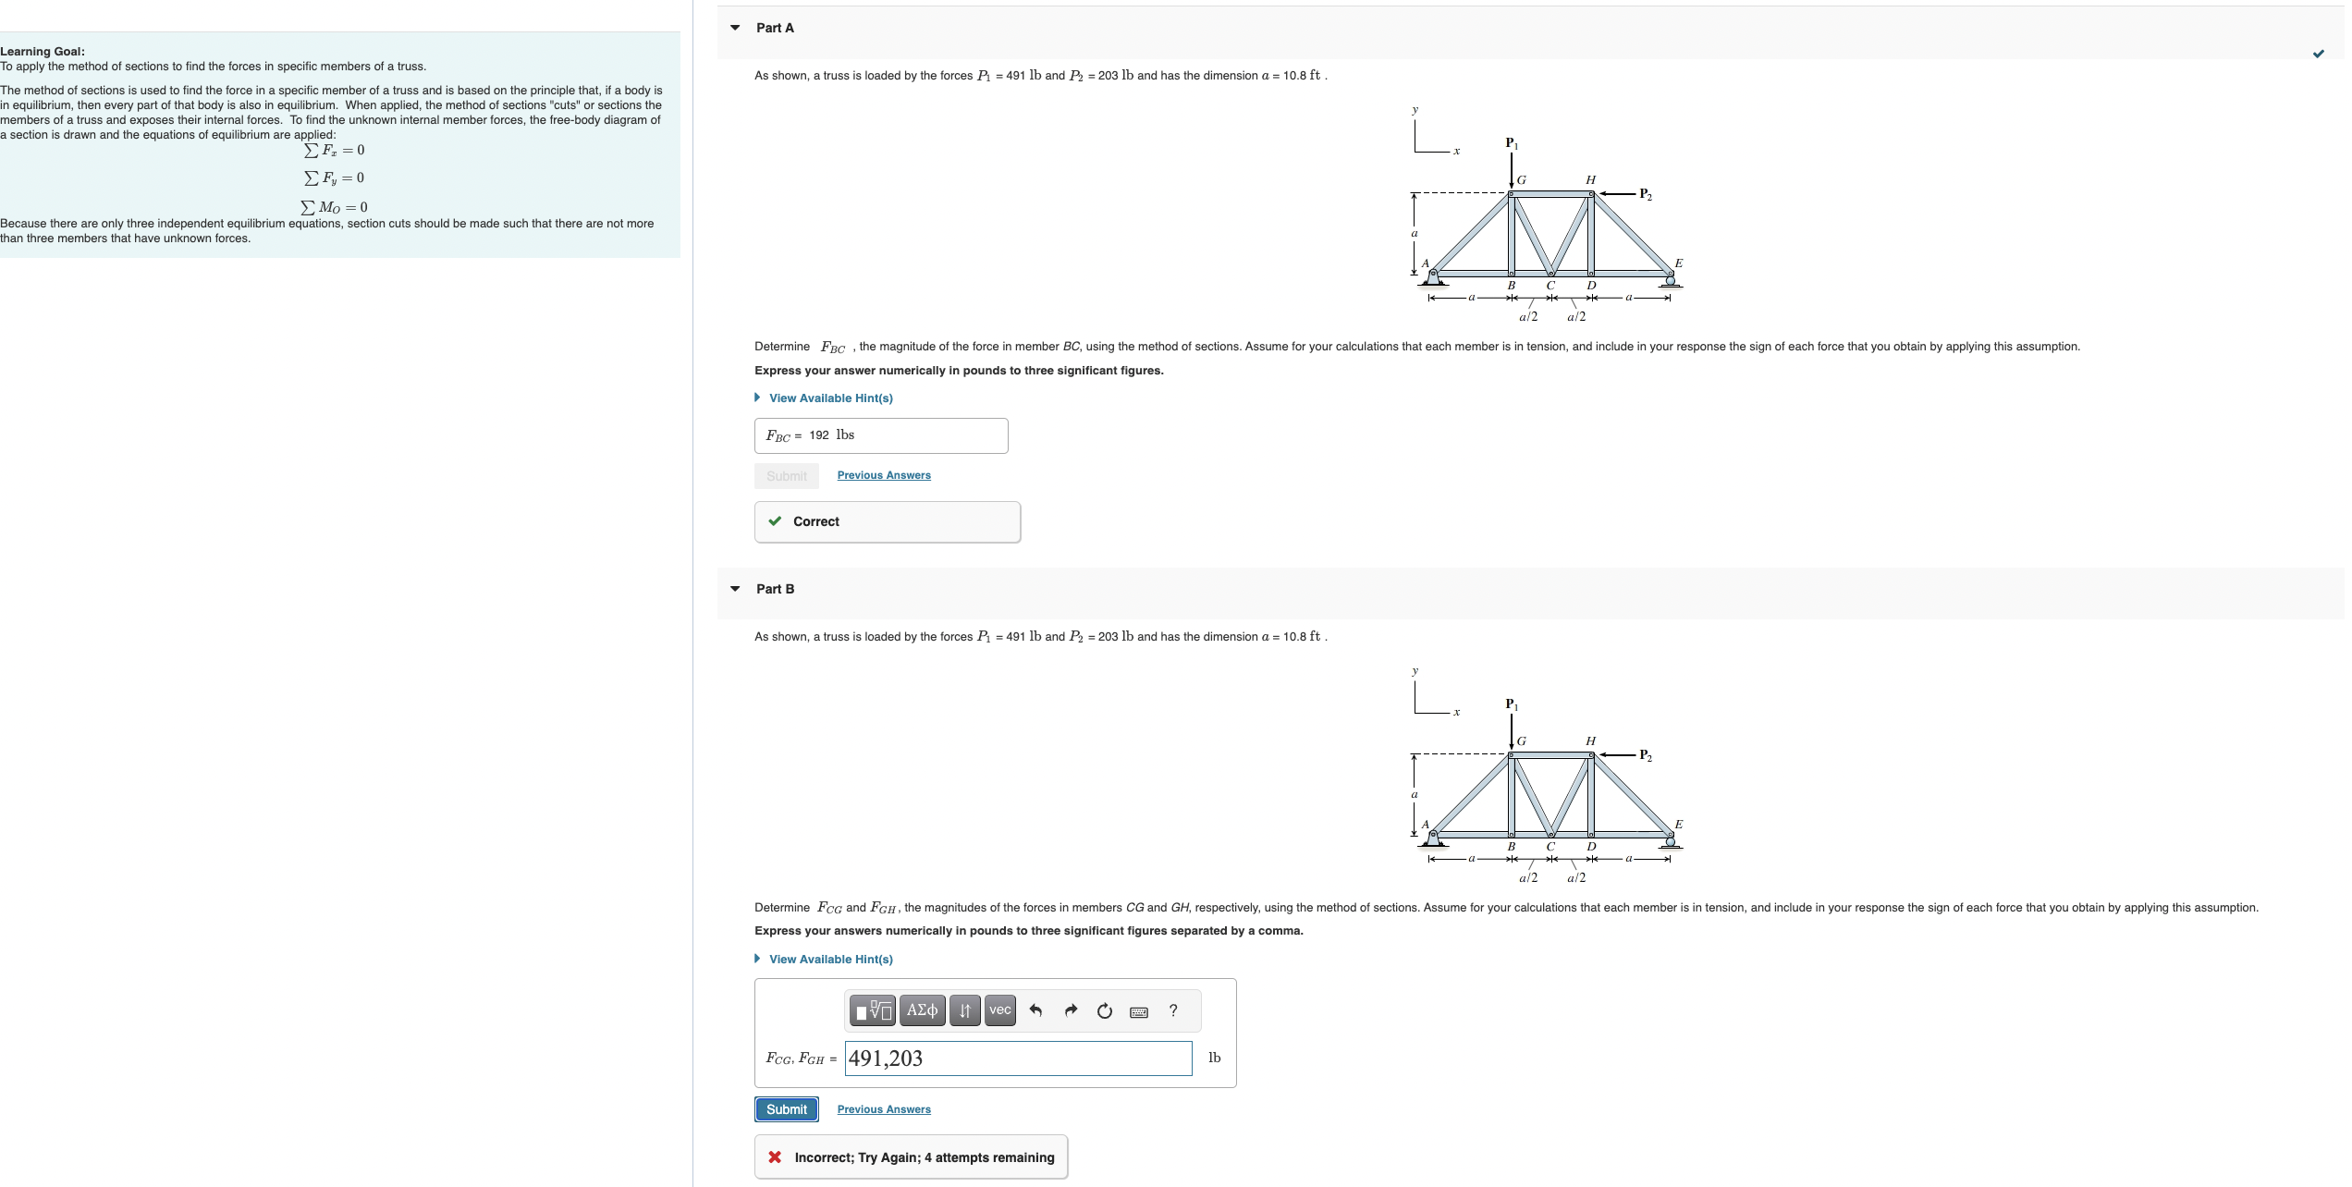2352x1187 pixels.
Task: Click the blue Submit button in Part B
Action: coord(786,1108)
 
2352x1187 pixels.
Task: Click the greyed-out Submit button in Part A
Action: coord(786,475)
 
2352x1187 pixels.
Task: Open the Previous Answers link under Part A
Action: coord(883,475)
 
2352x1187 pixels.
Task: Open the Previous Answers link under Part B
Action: coord(883,1109)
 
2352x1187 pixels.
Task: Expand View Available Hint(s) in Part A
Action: coord(829,398)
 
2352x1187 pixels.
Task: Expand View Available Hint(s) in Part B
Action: coord(829,960)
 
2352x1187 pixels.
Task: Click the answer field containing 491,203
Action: coord(1017,1059)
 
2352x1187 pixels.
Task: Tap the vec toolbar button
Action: coord(999,1010)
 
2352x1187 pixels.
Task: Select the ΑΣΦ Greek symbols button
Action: coord(921,1010)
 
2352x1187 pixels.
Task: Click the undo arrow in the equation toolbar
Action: coord(1035,1010)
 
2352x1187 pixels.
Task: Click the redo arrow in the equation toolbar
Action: coord(1071,1010)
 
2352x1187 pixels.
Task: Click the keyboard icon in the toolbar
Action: coord(1139,1011)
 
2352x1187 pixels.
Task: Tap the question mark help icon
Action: coord(1173,1010)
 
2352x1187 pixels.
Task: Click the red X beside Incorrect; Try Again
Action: coord(775,1157)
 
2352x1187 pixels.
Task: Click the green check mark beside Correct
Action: coord(775,521)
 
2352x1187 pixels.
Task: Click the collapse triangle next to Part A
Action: coord(735,28)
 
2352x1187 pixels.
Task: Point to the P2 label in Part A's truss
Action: coord(1645,194)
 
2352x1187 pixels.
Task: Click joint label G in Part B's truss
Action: coord(1521,740)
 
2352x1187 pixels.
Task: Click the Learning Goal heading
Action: coord(43,52)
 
